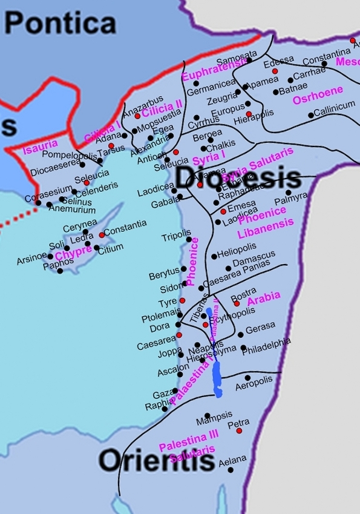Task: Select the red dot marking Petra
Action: tap(240, 430)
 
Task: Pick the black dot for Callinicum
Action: tap(311, 115)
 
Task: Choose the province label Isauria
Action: tap(40, 144)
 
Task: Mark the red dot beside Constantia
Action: tap(101, 235)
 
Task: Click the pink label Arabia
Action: tap(264, 297)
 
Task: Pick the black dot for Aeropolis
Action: tap(247, 378)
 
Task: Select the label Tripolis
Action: tap(176, 239)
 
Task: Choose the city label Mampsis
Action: tap(214, 415)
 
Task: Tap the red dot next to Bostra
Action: tap(237, 303)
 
